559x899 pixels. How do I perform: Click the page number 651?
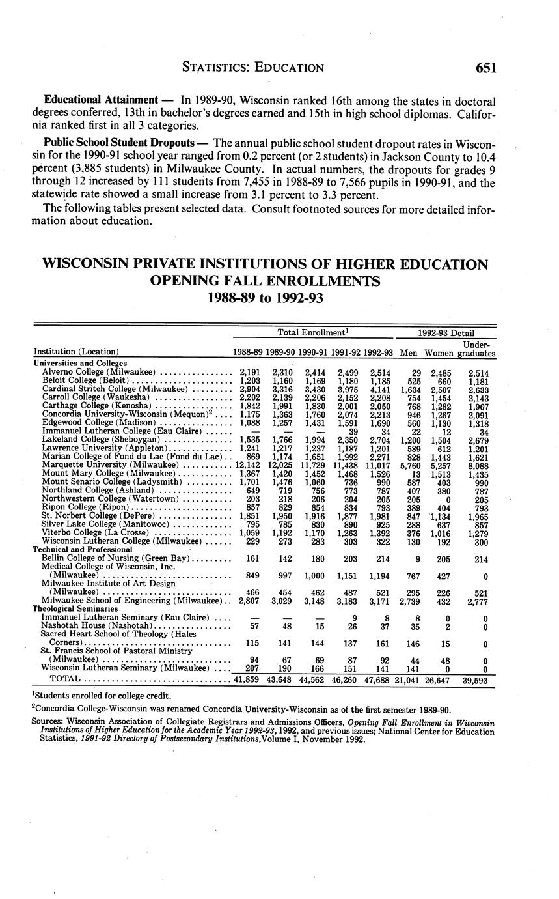tap(485, 68)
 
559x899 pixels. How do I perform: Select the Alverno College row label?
tap(98, 372)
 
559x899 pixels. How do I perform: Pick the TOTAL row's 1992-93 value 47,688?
tap(377, 679)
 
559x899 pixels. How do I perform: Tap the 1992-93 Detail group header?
tap(446, 333)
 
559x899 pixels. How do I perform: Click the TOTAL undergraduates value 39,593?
tap(476, 679)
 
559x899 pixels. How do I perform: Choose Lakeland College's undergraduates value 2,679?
tap(481, 439)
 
